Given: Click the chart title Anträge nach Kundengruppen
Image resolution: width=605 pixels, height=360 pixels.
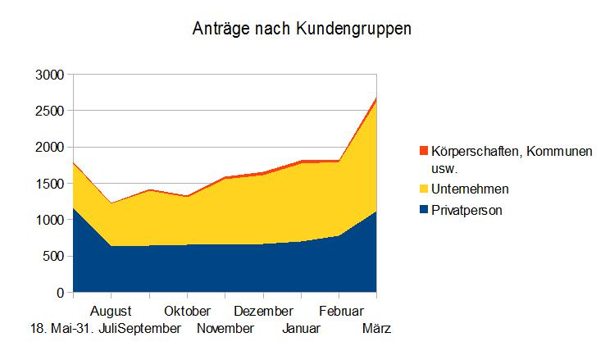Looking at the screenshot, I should click(302, 30).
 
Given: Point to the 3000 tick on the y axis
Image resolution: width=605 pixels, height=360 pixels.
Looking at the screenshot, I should click(49, 75).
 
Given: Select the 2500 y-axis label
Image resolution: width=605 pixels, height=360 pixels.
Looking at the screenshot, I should click(49, 111).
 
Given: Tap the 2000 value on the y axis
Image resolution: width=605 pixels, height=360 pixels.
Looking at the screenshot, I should click(49, 148).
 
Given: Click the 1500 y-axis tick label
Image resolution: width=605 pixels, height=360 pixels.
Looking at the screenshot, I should click(49, 184).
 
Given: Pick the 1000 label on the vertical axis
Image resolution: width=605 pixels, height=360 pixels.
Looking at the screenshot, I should click(49, 220).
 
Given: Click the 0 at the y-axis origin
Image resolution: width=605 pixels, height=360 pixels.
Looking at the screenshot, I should click(60, 293).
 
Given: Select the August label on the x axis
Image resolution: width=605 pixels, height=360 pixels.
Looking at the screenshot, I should click(111, 312).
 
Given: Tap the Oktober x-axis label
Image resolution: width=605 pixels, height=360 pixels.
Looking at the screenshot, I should click(187, 312).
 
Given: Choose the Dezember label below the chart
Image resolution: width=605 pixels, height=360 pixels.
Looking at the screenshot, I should click(263, 312).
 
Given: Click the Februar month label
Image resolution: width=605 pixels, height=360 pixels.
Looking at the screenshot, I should click(340, 312).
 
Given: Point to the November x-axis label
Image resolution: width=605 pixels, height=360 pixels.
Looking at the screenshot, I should click(225, 329).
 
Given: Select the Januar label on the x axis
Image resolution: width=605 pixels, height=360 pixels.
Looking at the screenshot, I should click(302, 329).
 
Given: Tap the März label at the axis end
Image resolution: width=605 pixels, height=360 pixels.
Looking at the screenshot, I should click(376, 329).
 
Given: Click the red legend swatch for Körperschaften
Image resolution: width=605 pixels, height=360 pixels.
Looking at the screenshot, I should click(423, 151).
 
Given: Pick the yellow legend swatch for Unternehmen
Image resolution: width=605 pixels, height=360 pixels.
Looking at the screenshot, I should click(423, 189).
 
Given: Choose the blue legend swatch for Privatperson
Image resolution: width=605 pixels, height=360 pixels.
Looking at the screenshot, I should click(423, 210).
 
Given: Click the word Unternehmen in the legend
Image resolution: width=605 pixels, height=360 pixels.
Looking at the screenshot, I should click(469, 189).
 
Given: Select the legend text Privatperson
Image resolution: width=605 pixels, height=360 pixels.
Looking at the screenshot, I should click(466, 210).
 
